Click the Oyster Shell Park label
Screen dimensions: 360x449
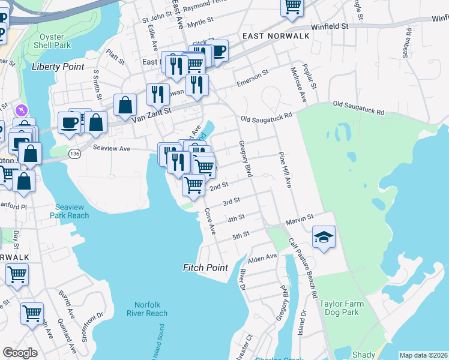[x=52, y=41]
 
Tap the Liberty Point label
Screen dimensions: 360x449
[x=58, y=67]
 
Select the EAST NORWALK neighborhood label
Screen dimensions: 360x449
[x=276, y=36]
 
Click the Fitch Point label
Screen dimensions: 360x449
[x=206, y=268]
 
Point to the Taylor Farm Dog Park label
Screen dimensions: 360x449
[x=339, y=308]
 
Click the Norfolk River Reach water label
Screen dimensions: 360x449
[x=147, y=308]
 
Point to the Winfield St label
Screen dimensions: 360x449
[x=330, y=27]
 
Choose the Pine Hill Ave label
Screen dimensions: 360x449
[x=284, y=169]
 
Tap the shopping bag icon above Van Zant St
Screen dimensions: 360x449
[x=124, y=105]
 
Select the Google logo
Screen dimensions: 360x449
[x=20, y=353]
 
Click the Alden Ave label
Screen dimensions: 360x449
[x=262, y=257]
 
